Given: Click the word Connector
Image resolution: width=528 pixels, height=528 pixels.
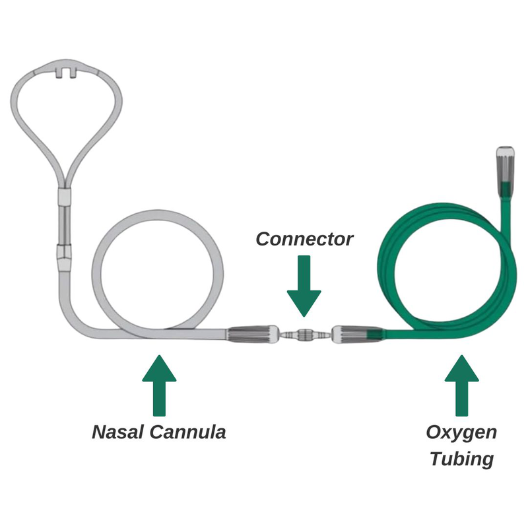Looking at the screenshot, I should click(x=304, y=239).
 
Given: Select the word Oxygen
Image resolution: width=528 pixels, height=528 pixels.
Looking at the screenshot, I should click(x=461, y=434).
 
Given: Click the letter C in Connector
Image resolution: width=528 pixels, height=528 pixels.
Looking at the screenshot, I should click(x=263, y=239).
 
